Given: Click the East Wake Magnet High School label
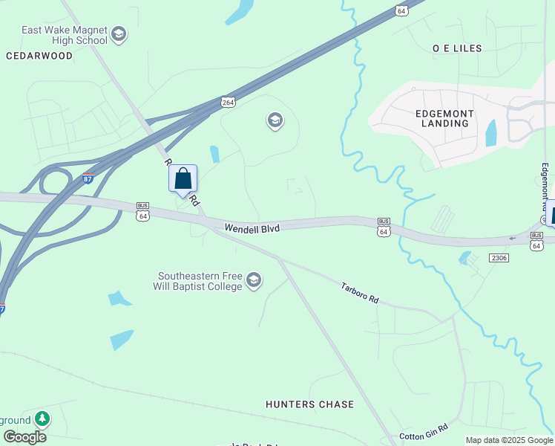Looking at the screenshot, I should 65,35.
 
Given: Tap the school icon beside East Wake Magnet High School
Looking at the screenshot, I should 119,34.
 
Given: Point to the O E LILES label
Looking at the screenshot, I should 457,48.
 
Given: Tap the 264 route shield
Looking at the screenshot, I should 228,102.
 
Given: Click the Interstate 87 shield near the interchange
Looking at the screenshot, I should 88,178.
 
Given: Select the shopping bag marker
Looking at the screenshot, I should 183,180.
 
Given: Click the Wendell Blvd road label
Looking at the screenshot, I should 252,229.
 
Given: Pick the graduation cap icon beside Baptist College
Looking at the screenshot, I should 254,280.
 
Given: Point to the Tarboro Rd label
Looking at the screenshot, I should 360,291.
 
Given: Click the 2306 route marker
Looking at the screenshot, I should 499,257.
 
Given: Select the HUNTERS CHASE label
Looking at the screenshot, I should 309,404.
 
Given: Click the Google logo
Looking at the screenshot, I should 24,437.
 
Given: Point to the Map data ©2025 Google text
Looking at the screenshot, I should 509,440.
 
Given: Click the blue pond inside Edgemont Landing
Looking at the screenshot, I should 490,132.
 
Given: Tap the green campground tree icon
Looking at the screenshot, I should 42,419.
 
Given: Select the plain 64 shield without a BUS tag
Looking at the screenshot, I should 401,10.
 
